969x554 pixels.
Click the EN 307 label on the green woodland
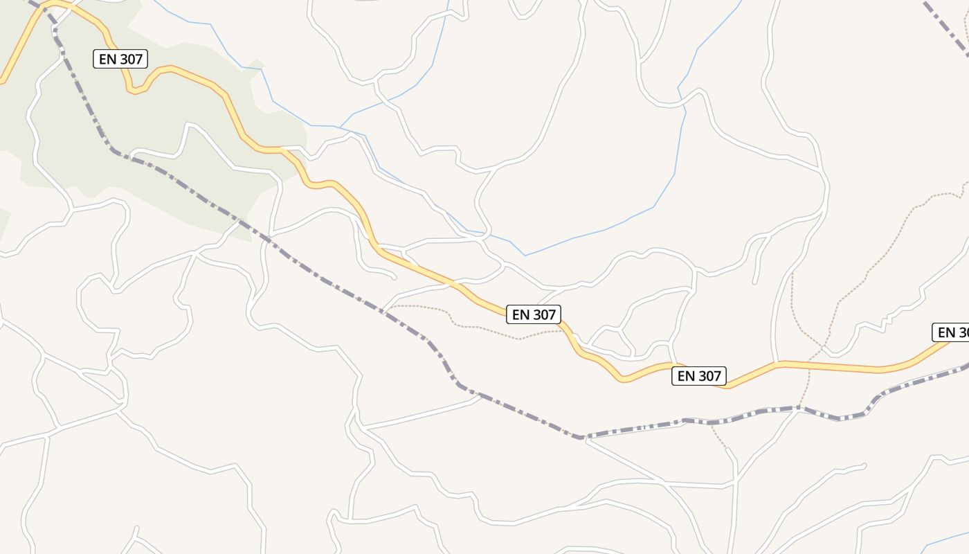[x=120, y=59]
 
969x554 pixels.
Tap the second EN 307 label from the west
[x=532, y=314]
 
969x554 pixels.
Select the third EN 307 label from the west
[x=699, y=376]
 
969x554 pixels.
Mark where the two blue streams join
[x=339, y=127]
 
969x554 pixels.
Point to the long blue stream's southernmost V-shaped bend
[x=524, y=256]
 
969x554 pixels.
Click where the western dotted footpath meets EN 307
[x=562, y=330]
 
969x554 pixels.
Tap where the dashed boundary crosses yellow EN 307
[x=47, y=6]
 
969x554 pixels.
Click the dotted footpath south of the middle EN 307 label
[x=484, y=330]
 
